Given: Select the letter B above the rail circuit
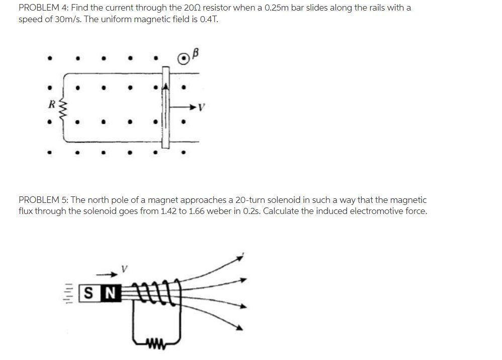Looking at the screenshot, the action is click(196, 51).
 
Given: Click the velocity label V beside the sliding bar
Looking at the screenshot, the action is click(202, 107).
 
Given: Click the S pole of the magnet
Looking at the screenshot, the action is click(89, 292).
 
